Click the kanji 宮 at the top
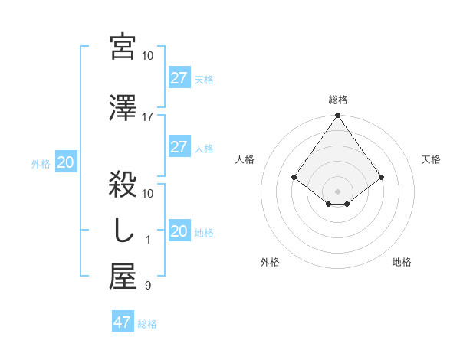coord(123,47)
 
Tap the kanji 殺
coord(123,185)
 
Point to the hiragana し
coord(123,232)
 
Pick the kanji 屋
coord(123,277)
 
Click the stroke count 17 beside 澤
coord(148,117)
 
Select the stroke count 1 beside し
coord(148,240)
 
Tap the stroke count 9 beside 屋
coord(148,286)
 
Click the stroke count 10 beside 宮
coord(148,56)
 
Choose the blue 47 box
coord(123,322)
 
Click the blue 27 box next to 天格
coord(179,78)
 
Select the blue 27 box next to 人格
coord(179,147)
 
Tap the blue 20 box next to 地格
coord(179,231)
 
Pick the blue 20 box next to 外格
coord(66,162)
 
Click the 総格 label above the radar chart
coord(337,100)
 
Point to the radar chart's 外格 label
coord(270,262)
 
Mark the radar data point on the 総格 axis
coord(337,116)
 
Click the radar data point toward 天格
coord(381,177)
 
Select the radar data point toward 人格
coord(294,177)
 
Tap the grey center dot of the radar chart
coord(337,191)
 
